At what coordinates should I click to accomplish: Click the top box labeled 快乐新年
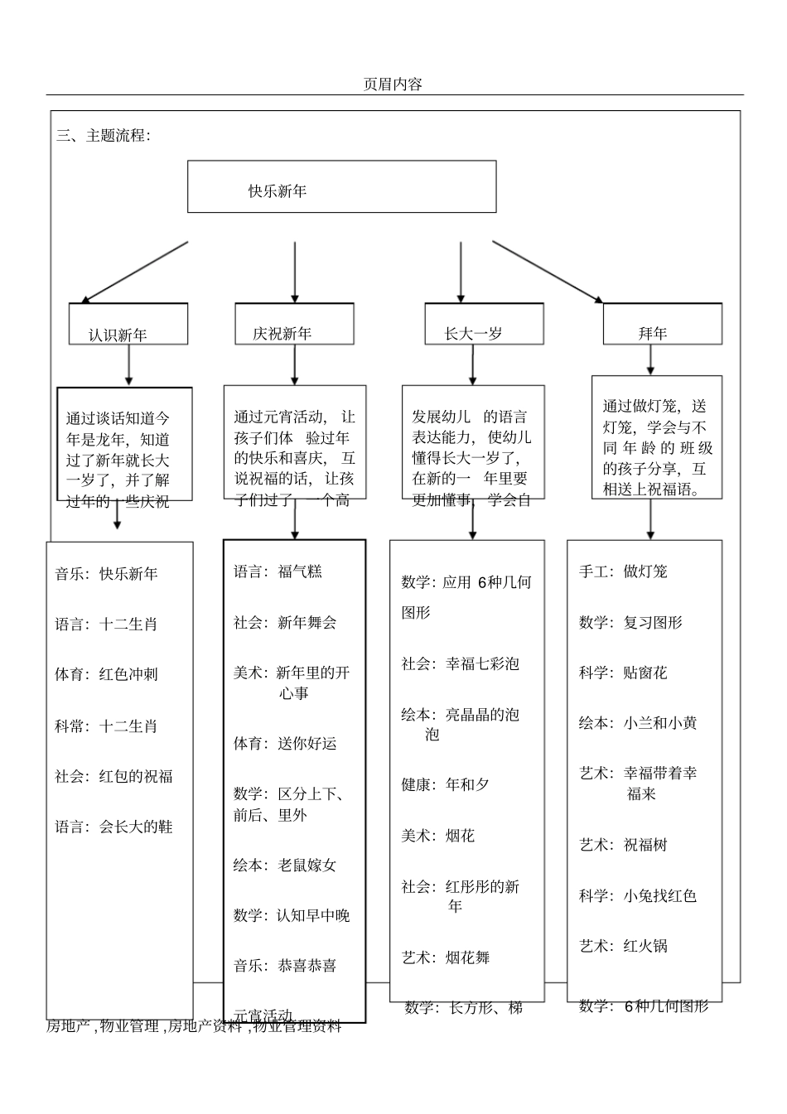coord(341,187)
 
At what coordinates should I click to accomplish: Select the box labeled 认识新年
coord(128,325)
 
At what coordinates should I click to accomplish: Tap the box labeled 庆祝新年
coord(294,324)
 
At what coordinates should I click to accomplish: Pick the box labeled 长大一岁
coord(484,325)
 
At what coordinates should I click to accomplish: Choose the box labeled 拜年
coord(662,325)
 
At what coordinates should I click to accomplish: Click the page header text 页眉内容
coord(393,84)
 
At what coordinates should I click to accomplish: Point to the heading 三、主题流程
coord(104,136)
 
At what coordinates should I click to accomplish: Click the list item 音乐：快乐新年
coord(106,574)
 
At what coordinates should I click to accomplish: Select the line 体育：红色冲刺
coord(106,674)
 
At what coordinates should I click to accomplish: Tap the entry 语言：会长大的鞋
coord(113,827)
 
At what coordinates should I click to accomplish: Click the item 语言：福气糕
coord(278,571)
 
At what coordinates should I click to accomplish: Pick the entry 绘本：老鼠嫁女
coord(285,866)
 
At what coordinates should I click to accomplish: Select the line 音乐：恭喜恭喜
coord(285,966)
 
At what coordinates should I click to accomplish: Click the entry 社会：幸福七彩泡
coord(461,663)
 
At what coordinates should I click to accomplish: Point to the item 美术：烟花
coord(438,837)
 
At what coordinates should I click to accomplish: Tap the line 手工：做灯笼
coord(623,571)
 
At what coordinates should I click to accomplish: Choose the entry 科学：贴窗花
coord(623,673)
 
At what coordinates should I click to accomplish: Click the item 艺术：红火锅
coord(623,946)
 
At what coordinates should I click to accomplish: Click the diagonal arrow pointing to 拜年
coord(548,272)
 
